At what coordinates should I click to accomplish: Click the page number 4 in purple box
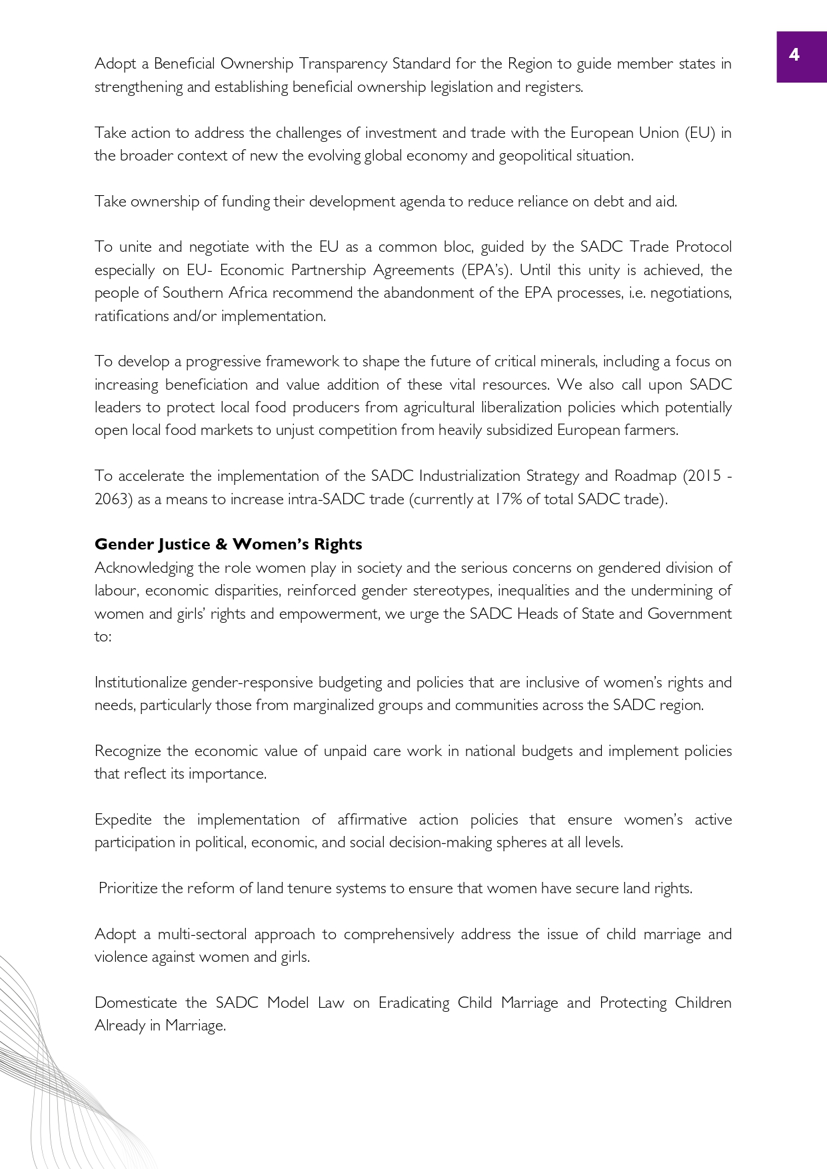794,55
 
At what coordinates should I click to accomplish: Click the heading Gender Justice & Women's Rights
228,544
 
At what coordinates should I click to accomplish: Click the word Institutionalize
141,682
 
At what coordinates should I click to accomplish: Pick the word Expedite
123,819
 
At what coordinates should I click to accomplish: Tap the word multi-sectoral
193,934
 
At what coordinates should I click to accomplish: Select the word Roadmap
645,476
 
